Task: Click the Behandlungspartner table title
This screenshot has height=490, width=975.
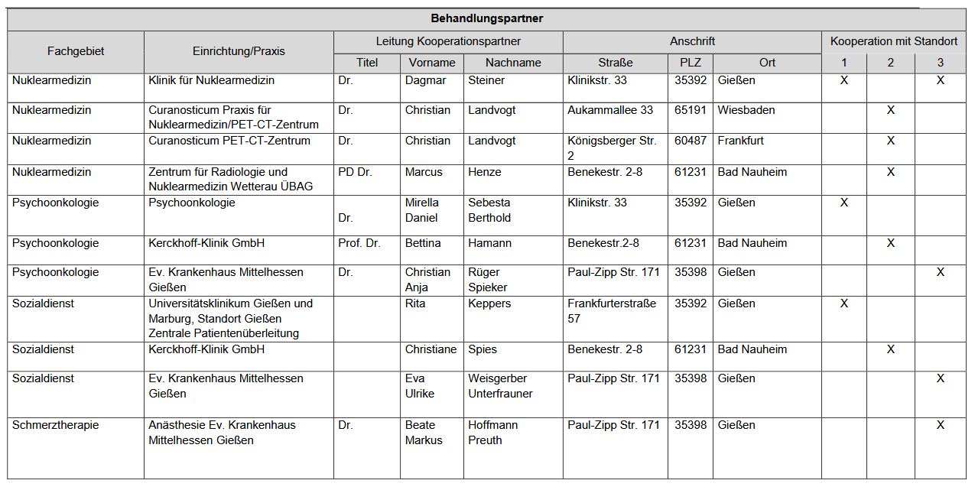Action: pos(486,18)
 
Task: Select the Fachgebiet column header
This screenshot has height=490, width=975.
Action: pos(76,51)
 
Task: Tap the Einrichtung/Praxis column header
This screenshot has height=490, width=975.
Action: pos(239,51)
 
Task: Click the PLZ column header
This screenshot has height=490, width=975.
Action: pos(690,63)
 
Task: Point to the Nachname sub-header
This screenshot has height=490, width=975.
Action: pos(513,63)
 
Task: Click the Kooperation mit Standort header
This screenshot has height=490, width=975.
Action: pos(893,41)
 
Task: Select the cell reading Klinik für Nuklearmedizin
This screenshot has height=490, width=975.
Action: pos(211,80)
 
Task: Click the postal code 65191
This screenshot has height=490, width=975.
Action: pos(690,110)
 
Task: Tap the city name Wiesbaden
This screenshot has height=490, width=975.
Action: pos(746,110)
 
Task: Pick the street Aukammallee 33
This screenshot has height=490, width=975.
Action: pos(610,110)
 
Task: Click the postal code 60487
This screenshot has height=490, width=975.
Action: pos(690,141)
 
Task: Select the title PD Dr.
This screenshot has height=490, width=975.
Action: pos(355,172)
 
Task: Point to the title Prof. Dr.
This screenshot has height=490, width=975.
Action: pos(359,243)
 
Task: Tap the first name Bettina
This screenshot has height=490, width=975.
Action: pos(423,243)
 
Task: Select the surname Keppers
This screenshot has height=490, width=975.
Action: pos(489,303)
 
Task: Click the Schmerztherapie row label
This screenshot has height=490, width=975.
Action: pos(55,425)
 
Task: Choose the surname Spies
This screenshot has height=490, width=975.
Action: pos(483,349)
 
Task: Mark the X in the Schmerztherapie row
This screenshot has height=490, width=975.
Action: pos(940,425)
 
